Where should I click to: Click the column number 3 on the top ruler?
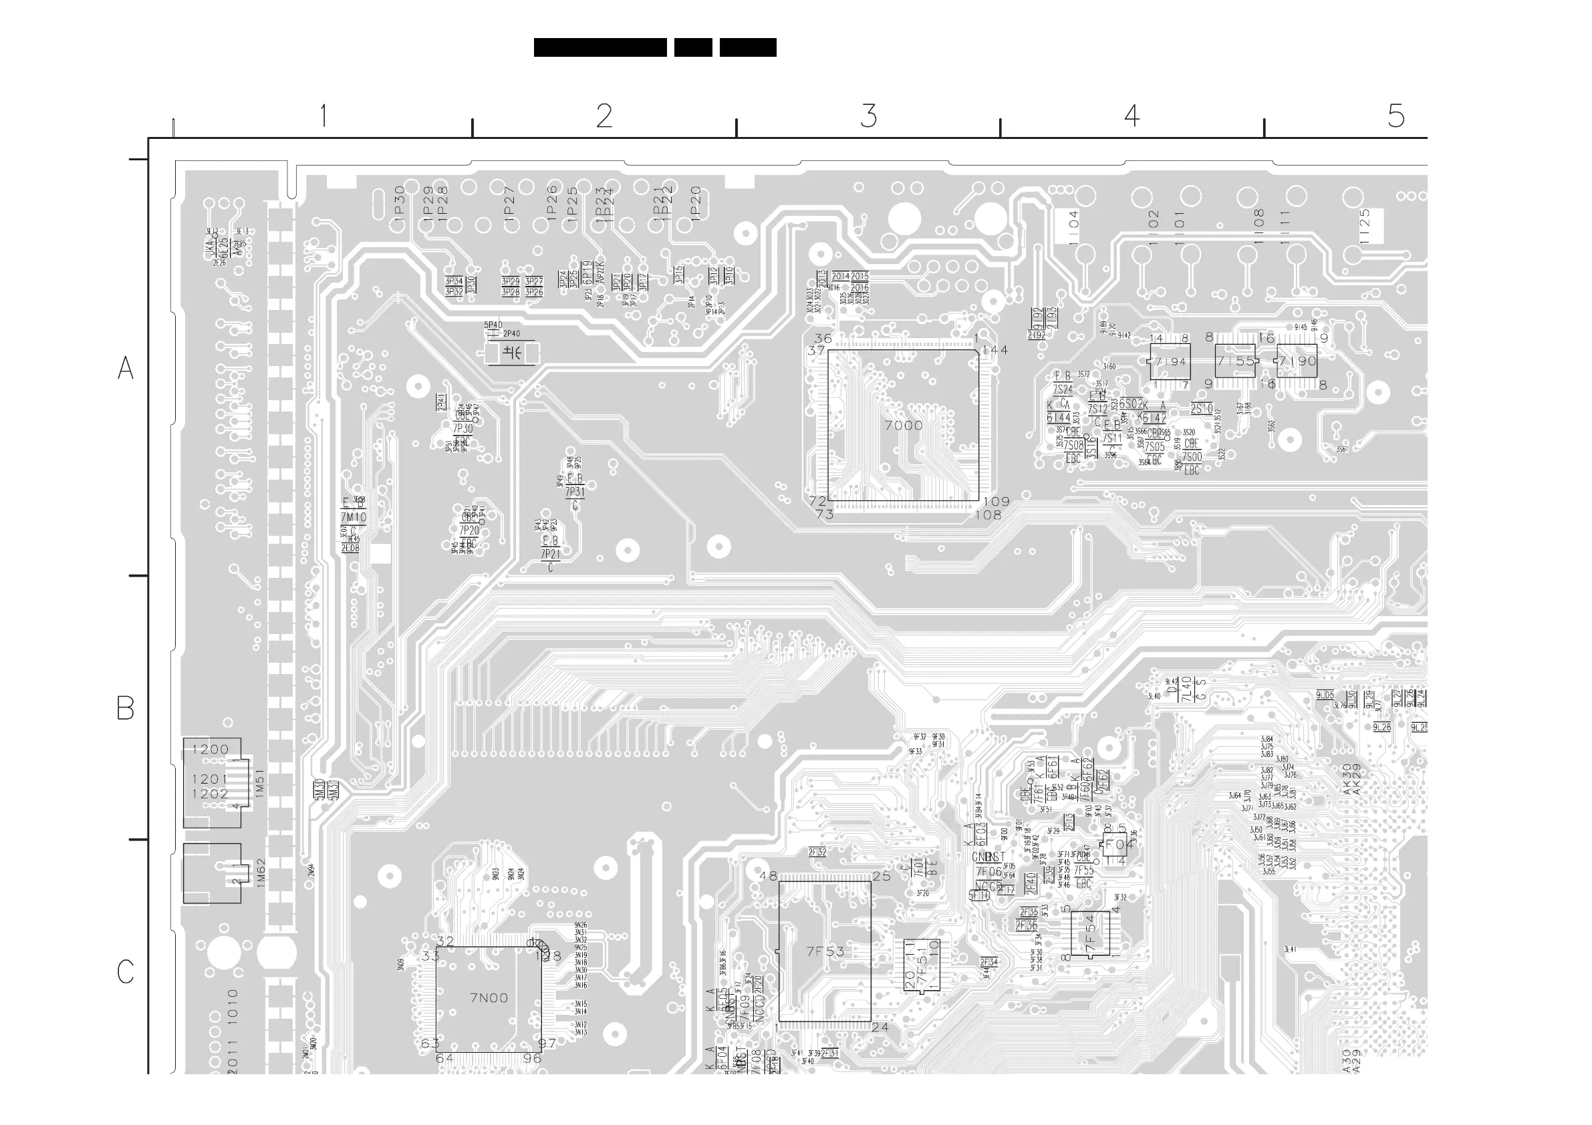868,116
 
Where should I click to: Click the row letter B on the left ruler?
126,707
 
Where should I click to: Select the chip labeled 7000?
903,425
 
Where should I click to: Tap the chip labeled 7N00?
489,998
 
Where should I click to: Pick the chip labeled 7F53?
825,952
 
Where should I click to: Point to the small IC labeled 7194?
1170,362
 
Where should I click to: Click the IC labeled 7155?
1236,361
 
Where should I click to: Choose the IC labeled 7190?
1297,361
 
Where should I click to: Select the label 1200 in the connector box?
210,750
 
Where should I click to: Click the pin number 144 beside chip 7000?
995,350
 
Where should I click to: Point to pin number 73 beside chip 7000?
825,515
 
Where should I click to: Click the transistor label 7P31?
574,492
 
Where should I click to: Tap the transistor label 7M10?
353,517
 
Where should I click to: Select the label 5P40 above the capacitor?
493,325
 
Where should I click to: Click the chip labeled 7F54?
1090,934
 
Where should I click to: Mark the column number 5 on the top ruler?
1396,116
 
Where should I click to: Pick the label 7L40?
1186,689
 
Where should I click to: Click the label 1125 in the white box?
1365,226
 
